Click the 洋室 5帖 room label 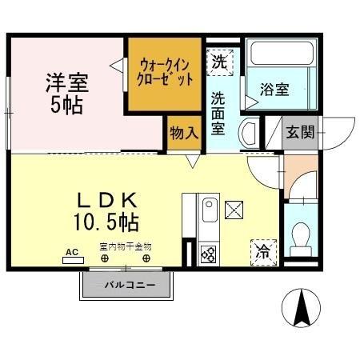(x=66, y=93)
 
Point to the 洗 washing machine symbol (x=219, y=61)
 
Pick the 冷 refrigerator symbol (x=262, y=251)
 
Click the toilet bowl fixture (x=302, y=236)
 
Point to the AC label (x=72, y=252)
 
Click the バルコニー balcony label (x=127, y=285)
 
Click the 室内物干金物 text (x=126, y=247)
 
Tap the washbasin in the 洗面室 (x=250, y=132)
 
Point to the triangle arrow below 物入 (x=192, y=160)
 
